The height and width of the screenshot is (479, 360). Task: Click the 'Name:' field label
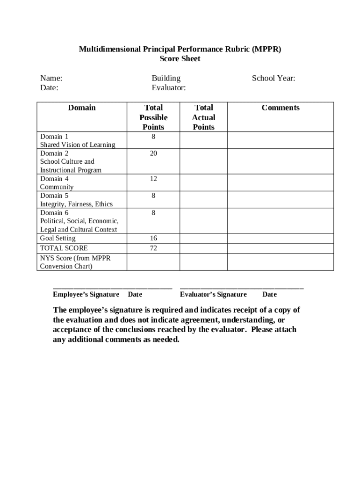click(51, 78)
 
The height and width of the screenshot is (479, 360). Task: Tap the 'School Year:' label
click(274, 78)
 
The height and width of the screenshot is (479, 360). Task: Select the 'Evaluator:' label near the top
click(168, 87)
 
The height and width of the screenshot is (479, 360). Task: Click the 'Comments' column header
click(281, 108)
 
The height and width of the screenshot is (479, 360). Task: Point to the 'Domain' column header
click(82, 108)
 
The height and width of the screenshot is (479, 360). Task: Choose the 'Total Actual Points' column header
click(204, 117)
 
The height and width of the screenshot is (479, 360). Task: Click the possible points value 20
click(153, 153)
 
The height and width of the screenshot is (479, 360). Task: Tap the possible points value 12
click(153, 179)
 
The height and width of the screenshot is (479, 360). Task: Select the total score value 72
click(153, 248)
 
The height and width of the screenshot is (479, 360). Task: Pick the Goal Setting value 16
click(153, 238)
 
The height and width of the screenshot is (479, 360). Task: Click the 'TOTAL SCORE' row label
click(64, 248)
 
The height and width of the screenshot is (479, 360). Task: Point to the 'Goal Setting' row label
click(58, 238)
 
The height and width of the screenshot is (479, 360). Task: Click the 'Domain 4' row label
click(54, 179)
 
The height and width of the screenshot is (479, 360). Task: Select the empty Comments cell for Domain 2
click(281, 161)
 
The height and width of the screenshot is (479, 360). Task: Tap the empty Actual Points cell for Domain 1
click(204, 140)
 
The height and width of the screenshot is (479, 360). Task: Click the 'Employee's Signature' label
click(86, 294)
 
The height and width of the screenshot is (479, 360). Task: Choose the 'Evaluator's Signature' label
click(213, 294)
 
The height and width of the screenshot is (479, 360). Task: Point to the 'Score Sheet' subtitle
click(180, 58)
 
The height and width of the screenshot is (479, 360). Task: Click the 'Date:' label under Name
click(49, 87)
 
